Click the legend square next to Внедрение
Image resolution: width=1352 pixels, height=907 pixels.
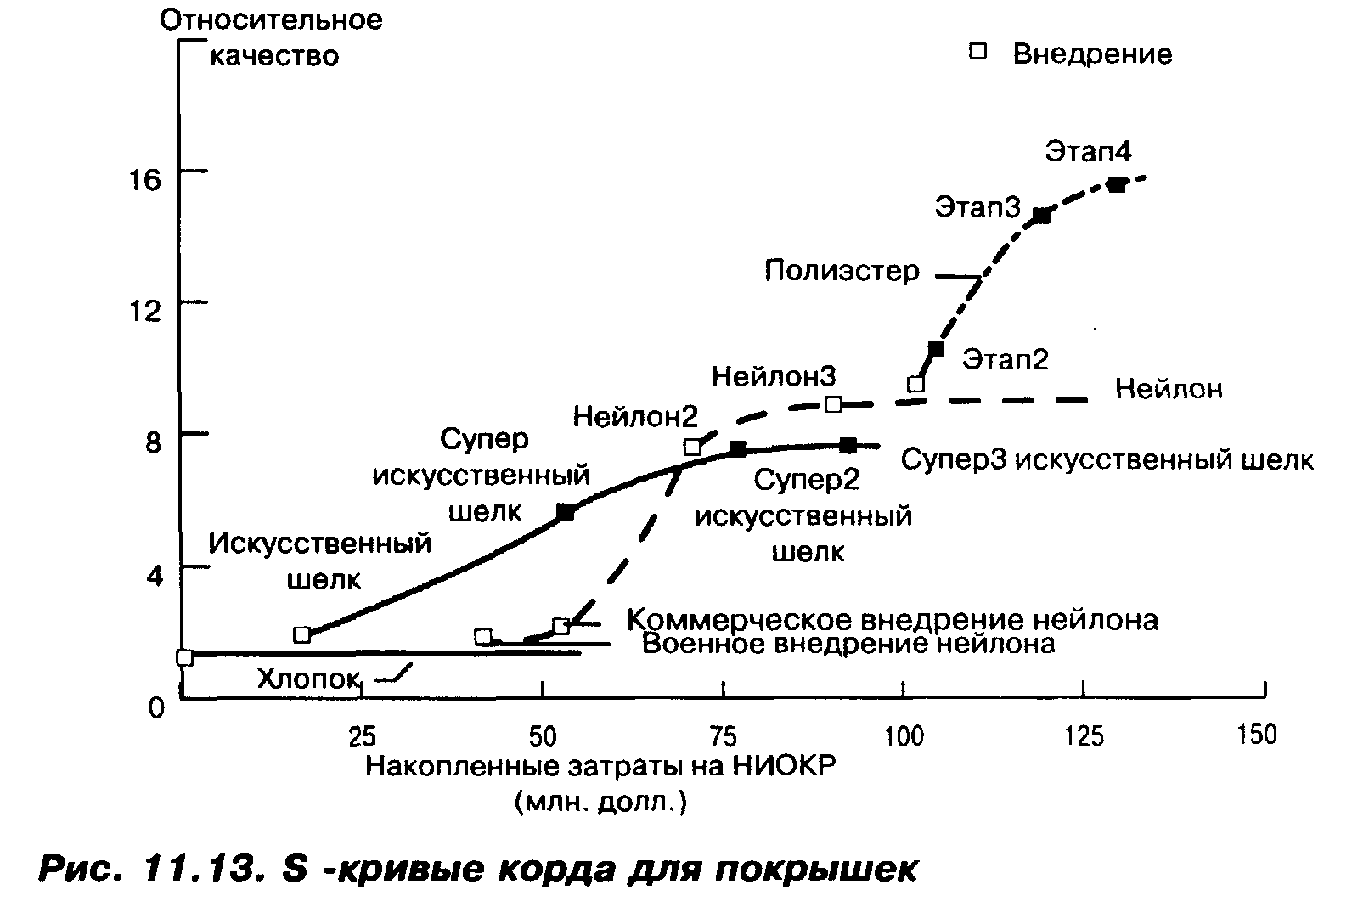(x=978, y=52)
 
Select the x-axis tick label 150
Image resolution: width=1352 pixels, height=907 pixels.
(x=1256, y=734)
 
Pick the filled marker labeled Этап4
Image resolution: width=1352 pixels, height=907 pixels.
(x=1117, y=184)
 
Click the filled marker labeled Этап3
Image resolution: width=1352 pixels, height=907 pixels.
(x=1041, y=216)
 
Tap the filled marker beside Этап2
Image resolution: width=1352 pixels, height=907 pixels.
(x=936, y=348)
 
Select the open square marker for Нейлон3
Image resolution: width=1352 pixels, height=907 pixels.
(x=834, y=403)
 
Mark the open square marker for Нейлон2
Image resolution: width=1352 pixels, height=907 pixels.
(x=693, y=447)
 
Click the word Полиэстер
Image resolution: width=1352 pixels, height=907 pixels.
(x=842, y=271)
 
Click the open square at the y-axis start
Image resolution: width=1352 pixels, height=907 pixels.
(x=184, y=656)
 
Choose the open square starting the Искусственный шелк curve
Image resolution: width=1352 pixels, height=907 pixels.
(x=301, y=634)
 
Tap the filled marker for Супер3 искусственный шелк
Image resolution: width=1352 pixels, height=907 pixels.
(x=848, y=445)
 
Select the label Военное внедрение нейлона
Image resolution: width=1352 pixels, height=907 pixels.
(x=848, y=644)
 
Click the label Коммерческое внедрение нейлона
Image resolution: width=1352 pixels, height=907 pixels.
(x=892, y=619)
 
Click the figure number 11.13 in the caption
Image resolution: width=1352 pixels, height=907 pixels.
(x=199, y=869)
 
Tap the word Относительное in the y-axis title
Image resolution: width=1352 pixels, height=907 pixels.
(x=271, y=20)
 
